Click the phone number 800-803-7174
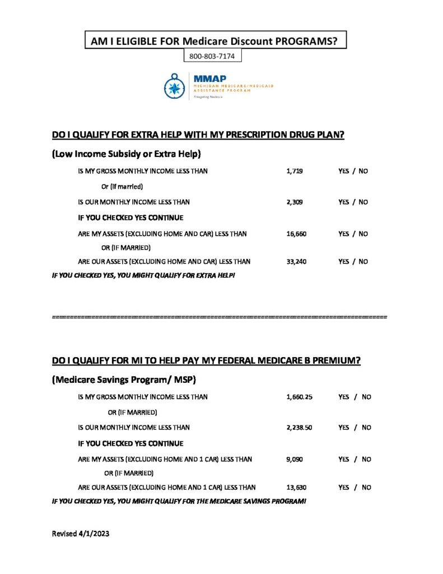click(213, 57)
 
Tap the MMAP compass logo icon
click(175, 86)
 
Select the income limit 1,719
click(294, 170)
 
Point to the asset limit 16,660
click(296, 234)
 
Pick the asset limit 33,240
click(296, 261)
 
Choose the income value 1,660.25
click(299, 397)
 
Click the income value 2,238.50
click(299, 428)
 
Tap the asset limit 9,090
click(295, 459)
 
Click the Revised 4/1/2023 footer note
click(80, 534)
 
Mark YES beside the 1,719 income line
click(344, 170)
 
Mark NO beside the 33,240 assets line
click(363, 261)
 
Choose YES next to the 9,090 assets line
click(344, 459)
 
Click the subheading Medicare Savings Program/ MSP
click(124, 379)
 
